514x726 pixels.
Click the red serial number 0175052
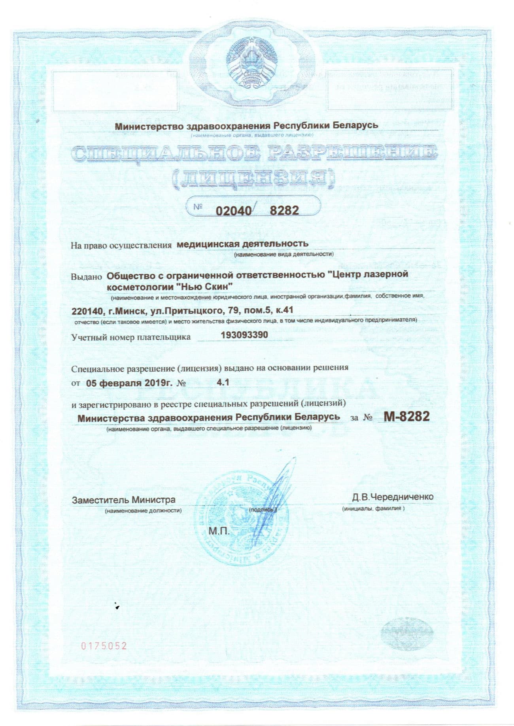point(104,646)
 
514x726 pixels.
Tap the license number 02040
point(233,211)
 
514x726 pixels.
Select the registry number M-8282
point(406,417)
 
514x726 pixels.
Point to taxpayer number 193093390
point(244,335)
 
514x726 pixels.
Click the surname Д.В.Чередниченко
point(393,497)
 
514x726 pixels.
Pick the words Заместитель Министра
point(123,500)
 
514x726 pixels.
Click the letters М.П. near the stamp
point(219,532)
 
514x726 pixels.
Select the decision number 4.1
point(223,382)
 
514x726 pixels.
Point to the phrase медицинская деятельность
point(242,244)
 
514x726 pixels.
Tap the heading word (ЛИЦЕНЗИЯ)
point(253,179)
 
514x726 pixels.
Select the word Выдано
point(87,277)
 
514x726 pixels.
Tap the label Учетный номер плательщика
point(130,337)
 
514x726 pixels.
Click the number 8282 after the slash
point(284,210)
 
